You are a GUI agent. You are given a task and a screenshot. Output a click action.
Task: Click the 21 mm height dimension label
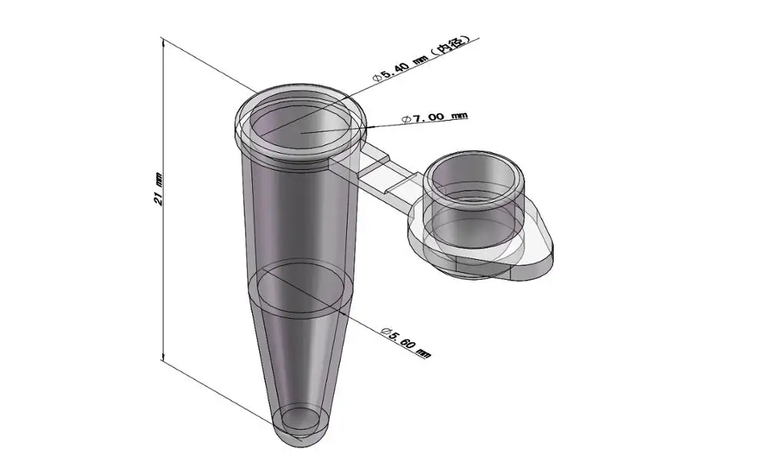(158, 188)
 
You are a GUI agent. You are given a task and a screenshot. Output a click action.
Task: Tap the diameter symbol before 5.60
(385, 330)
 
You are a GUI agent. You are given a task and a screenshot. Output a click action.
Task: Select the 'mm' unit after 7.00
(458, 116)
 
